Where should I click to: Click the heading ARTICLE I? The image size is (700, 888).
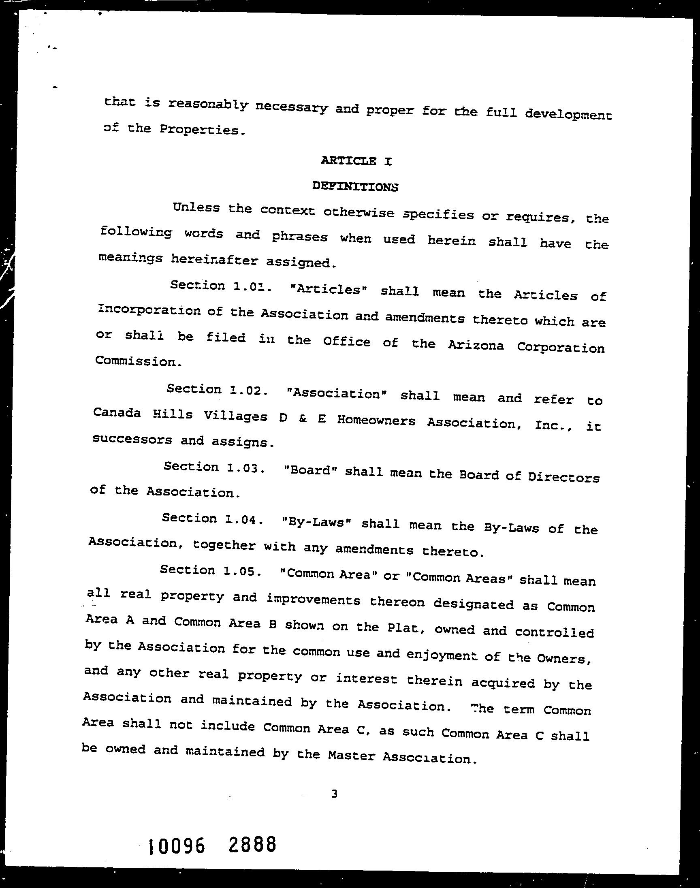pyautogui.click(x=356, y=161)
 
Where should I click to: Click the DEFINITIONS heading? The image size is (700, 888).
pyautogui.click(x=355, y=187)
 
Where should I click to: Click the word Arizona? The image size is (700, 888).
pyautogui.click(x=476, y=346)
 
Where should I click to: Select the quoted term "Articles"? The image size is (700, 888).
pyautogui.click(x=327, y=290)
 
